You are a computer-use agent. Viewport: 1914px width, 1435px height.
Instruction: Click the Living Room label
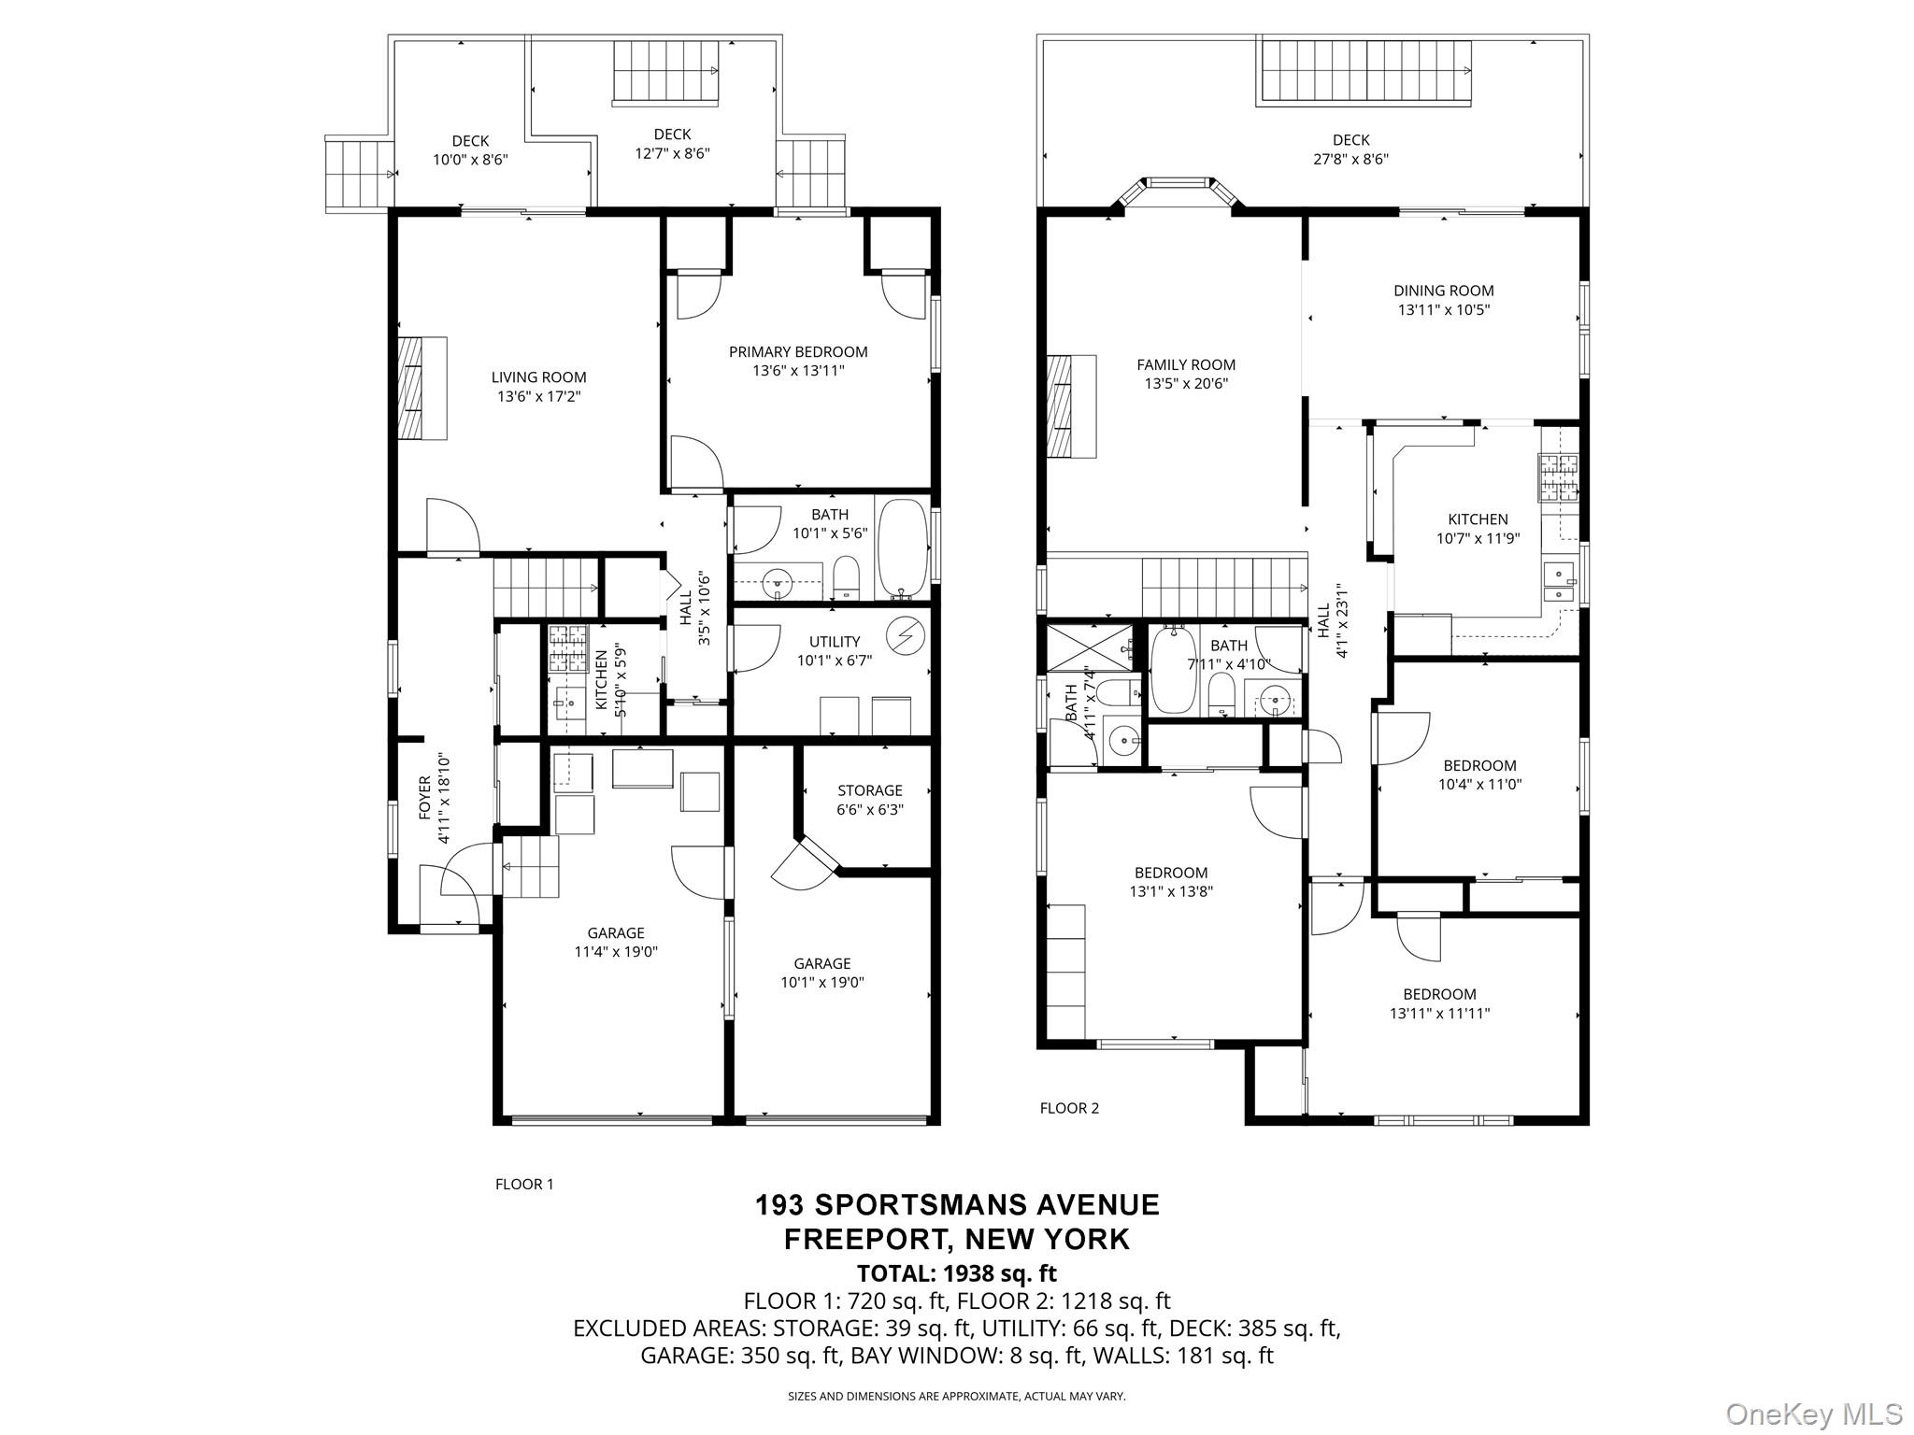pos(539,377)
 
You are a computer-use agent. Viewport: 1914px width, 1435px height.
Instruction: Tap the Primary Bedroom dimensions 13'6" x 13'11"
pos(798,371)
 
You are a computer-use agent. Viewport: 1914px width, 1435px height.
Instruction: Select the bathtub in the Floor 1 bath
pos(902,548)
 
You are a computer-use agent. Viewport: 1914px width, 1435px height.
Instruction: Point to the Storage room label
pos(870,790)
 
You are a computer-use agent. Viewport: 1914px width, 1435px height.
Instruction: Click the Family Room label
pos(1186,365)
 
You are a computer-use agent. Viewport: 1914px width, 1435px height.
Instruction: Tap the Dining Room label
pos(1444,291)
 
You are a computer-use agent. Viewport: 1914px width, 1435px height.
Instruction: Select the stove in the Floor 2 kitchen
pos(1558,476)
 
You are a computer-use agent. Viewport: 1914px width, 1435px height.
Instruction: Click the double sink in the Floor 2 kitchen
pos(1559,581)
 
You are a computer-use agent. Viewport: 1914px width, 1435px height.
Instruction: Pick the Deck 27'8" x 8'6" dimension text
pos(1351,159)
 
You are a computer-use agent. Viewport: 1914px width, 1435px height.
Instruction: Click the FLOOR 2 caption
pos(1069,1108)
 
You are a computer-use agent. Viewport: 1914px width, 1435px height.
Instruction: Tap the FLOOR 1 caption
pos(524,1185)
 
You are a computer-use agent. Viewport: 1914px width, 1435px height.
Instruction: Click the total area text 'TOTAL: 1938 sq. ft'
pos(957,1272)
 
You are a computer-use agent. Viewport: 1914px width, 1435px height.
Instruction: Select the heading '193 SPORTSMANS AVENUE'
pos(957,1204)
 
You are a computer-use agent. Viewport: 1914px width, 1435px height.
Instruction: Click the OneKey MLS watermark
pos(1814,1414)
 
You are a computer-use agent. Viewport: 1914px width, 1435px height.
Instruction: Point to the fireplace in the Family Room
pos(1071,406)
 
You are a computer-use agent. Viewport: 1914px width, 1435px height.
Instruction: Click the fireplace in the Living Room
pos(422,388)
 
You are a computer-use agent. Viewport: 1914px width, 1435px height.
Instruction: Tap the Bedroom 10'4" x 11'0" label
pos(1479,775)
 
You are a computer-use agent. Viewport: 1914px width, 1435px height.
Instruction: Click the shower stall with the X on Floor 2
pos(1089,648)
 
